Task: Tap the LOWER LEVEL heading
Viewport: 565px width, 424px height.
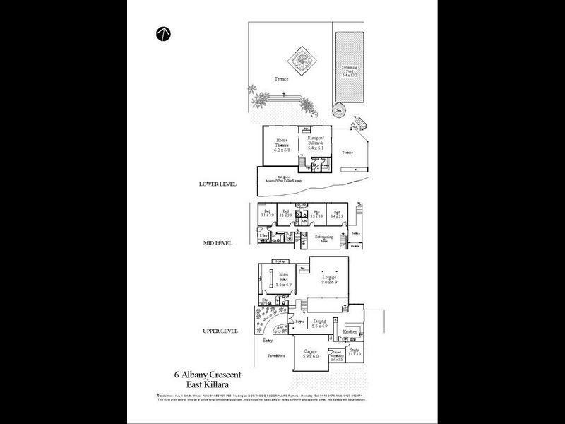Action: [218, 184]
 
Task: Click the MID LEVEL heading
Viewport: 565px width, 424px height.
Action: [218, 243]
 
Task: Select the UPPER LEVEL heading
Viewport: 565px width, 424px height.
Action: [218, 330]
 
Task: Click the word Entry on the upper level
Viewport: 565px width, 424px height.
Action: [268, 341]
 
